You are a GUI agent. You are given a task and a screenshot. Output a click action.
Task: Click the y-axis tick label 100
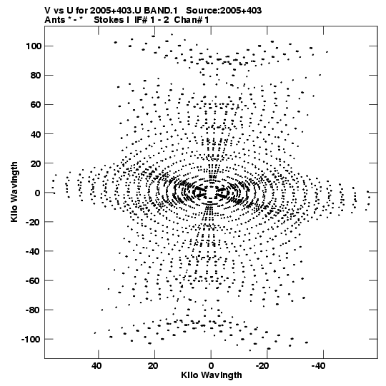point(34,46)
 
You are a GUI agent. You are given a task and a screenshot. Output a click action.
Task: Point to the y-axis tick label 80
point(36,76)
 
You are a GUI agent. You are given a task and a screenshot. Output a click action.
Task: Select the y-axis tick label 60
point(36,105)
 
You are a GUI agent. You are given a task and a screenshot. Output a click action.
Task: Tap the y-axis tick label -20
point(34,222)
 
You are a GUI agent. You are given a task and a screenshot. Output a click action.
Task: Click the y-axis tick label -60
point(34,280)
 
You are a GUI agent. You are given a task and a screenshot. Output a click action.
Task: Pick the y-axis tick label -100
point(31,340)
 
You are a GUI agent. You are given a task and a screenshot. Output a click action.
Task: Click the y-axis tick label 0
point(38,193)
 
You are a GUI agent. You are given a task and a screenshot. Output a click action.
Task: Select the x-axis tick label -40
point(319,366)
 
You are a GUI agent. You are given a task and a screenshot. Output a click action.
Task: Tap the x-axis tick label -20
point(262,366)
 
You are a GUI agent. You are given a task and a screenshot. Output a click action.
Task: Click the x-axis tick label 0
point(211,366)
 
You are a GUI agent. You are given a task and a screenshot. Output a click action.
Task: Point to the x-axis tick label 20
point(153,366)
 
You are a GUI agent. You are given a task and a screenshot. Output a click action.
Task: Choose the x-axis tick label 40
point(96,366)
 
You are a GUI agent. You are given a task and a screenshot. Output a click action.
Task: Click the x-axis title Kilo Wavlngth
point(212,375)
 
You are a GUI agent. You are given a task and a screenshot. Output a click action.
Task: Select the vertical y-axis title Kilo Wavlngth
point(14,192)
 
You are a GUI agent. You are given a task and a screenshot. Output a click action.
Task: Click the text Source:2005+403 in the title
point(224,11)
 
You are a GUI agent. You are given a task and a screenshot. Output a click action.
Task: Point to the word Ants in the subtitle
point(54,20)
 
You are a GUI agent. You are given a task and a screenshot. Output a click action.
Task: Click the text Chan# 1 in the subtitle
point(192,20)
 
